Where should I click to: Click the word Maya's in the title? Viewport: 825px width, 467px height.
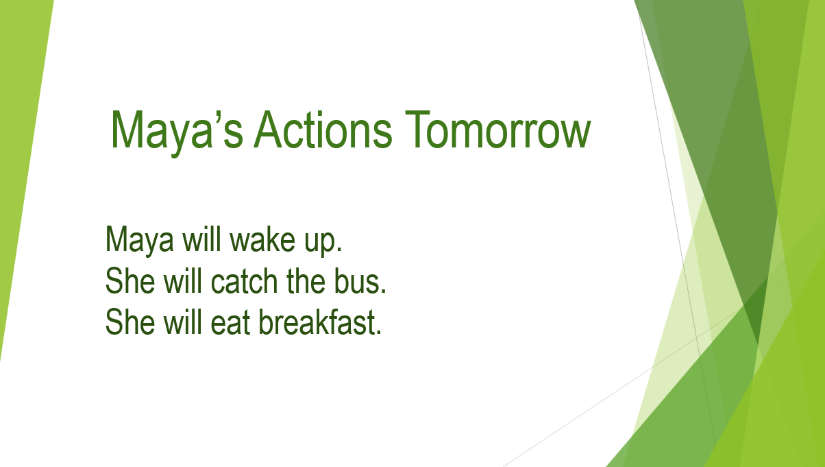pos(177,132)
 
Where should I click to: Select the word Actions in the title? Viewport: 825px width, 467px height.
pos(323,130)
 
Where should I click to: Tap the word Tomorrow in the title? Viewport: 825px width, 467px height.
pos(498,130)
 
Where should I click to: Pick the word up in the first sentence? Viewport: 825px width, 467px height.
pos(323,242)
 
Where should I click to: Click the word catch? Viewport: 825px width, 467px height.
pos(244,281)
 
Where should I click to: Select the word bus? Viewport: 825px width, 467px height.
pos(360,281)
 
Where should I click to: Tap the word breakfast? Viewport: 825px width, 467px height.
pos(320,322)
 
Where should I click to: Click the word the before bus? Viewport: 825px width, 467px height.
pos(306,281)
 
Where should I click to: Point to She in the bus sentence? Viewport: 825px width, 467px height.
pos(130,281)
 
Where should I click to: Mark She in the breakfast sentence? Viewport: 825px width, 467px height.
pos(130,322)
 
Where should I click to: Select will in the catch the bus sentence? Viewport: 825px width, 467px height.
pos(183,281)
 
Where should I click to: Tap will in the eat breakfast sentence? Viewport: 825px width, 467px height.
pos(183,322)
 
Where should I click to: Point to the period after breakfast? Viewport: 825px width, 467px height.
pos(379,332)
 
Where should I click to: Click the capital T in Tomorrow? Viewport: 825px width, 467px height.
pos(417,130)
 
